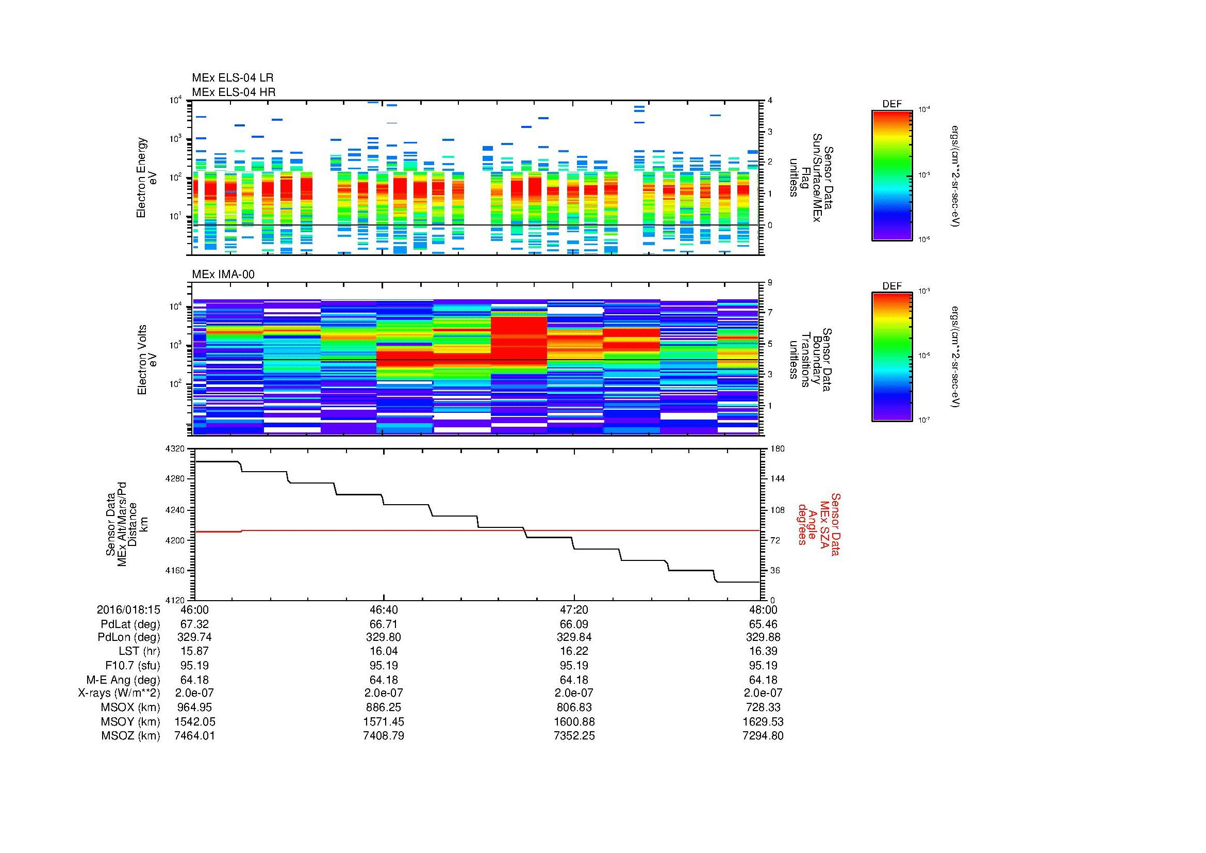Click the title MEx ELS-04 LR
tap(232, 78)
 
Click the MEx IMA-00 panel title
tap(223, 275)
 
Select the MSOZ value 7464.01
tap(194, 735)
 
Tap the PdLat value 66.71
tap(384, 624)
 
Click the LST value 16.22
tap(574, 651)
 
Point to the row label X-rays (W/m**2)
tap(119, 693)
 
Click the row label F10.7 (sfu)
tap(133, 665)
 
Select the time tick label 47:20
tap(574, 609)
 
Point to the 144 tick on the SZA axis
tap(778, 479)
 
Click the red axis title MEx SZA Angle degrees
tap(818, 524)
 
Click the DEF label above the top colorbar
tap(892, 104)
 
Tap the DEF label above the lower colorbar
tap(892, 286)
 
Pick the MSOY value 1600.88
tap(574, 721)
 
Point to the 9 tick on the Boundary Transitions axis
tap(770, 283)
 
